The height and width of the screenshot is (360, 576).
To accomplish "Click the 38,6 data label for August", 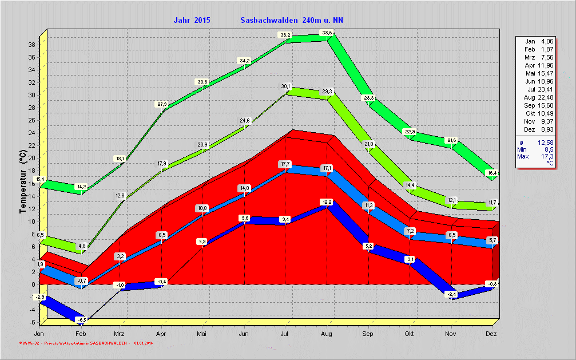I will (327, 33).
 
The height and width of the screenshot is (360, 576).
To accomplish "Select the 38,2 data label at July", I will (285, 35).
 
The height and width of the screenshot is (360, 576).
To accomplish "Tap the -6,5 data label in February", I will (82, 319).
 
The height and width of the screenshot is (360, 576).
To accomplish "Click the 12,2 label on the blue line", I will (327, 202).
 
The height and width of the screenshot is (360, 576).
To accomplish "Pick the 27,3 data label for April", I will (162, 104).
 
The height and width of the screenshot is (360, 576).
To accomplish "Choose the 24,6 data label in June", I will (245, 120).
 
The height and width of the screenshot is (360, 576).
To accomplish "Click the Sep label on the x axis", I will (368, 334).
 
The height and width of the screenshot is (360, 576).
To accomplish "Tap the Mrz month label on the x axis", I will (119, 334).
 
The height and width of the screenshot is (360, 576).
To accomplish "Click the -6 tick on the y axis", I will (33, 322).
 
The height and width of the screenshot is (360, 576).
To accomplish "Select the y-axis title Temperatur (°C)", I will (23, 181).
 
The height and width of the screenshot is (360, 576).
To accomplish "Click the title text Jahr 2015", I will (192, 20).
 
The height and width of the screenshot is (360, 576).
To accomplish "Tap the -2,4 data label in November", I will (451, 294).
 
